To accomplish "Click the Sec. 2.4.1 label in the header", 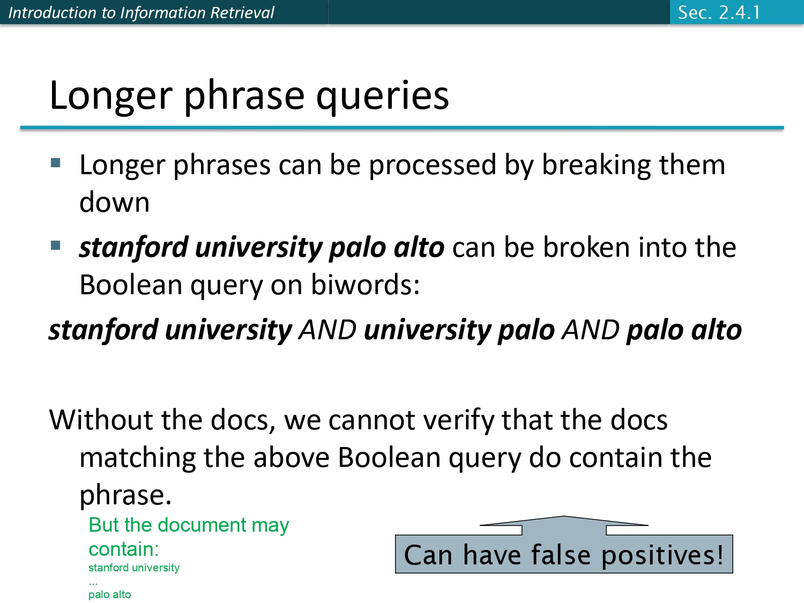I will tap(719, 12).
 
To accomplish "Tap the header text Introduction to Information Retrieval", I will tap(141, 12).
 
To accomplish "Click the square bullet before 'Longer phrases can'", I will tap(56, 163).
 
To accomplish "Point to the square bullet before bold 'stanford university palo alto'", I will tap(56, 245).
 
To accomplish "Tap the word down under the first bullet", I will tap(114, 203).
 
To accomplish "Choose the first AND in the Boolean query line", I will tap(327, 330).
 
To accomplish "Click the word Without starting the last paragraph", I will tap(100, 420).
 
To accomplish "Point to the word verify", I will tap(456, 421).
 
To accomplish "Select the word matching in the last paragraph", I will tap(137, 458).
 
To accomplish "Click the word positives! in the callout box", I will tap(662, 555).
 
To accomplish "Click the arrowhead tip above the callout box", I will tap(564, 517).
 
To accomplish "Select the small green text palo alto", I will tap(109, 594).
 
